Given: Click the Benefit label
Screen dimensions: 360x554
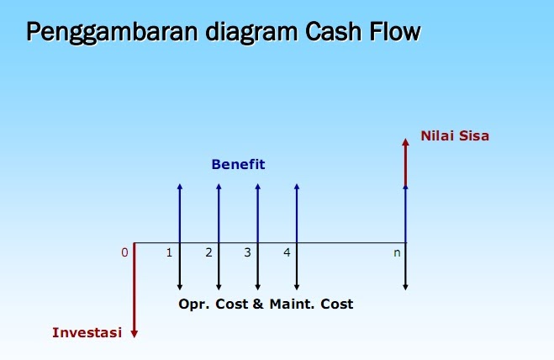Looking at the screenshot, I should coord(238,165).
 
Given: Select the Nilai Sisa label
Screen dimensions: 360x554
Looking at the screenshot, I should coord(455,135).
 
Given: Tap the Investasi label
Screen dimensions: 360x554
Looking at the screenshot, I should coord(87,332).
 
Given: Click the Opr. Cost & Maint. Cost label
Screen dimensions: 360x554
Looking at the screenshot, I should coord(266,304).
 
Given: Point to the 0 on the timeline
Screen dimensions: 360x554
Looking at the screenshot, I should coord(124,252).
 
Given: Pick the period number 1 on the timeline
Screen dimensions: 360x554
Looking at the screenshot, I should coord(170,252).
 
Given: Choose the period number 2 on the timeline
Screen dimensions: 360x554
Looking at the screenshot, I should coord(208,252).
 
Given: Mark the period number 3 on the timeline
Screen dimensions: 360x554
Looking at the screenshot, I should coord(248,252).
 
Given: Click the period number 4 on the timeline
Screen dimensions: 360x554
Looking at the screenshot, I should coord(287,252).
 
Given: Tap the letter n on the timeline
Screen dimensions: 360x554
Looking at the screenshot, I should coord(397,252).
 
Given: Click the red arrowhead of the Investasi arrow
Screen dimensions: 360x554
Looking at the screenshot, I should coord(134,333).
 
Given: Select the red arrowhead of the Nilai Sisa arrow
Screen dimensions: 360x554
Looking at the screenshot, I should coord(405,142).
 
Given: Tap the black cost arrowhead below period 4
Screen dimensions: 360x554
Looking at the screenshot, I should coord(296,287).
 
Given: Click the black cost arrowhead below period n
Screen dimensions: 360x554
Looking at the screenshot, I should coord(405,287).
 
